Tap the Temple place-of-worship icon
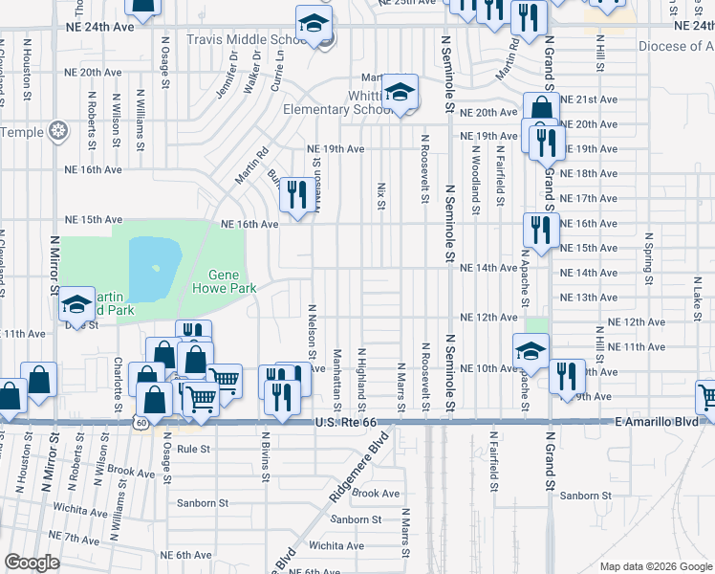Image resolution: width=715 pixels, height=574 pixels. (59, 130)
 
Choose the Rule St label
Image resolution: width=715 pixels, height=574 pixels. (193, 448)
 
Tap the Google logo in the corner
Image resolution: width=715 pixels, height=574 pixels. (32, 563)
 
